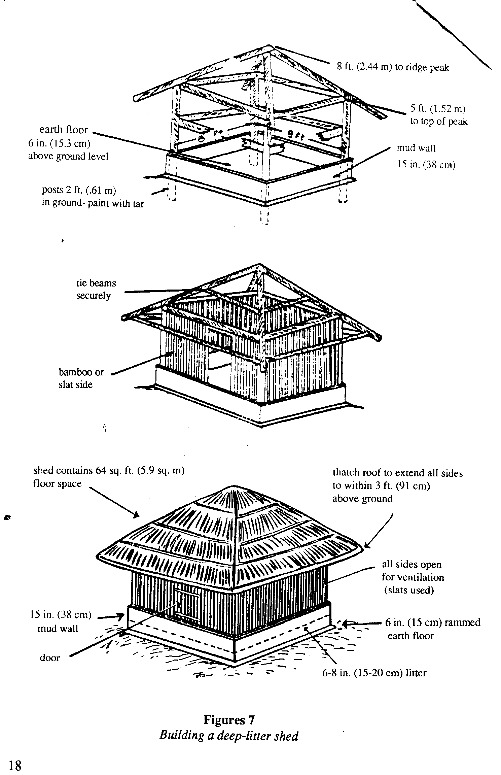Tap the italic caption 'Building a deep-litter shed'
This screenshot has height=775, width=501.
click(x=229, y=736)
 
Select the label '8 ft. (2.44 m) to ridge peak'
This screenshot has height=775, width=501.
click(x=393, y=67)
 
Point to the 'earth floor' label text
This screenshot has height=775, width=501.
click(x=64, y=130)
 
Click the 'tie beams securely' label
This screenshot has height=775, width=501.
click(x=96, y=289)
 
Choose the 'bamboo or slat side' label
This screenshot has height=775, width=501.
click(x=81, y=378)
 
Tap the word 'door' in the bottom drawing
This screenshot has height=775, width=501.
click(x=50, y=658)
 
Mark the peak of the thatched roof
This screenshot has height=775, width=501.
click(x=233, y=487)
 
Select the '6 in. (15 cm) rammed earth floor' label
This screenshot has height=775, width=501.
click(x=432, y=629)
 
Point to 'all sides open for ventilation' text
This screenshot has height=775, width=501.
click(x=413, y=577)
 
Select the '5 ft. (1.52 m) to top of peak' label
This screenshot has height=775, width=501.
click(x=438, y=115)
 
